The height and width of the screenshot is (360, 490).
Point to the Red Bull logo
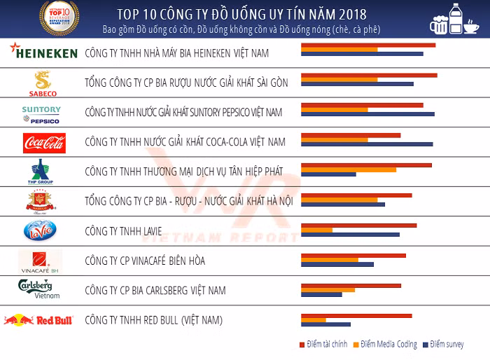[39, 320]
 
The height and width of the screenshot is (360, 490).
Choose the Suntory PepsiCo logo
[41, 114]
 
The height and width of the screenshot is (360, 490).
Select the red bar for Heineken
[367, 46]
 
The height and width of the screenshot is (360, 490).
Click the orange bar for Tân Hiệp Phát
[348, 169]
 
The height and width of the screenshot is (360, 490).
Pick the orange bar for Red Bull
[313, 320]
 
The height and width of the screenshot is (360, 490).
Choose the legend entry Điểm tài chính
[325, 345]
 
